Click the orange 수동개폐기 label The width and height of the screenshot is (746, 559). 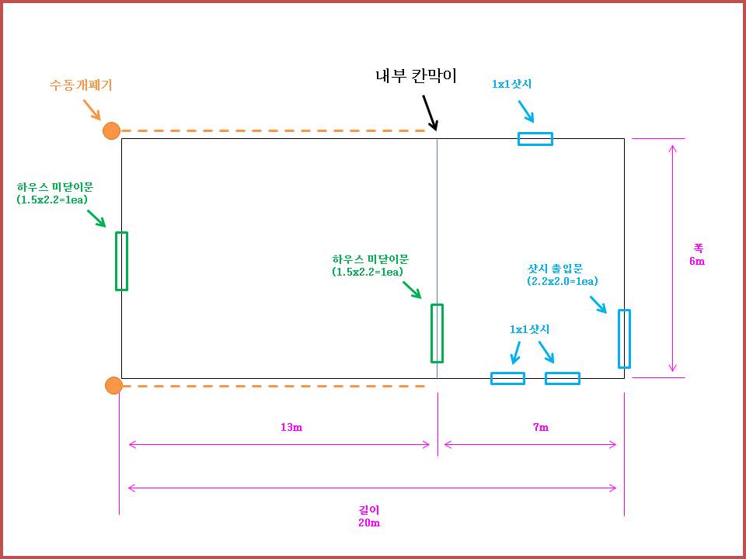(81, 85)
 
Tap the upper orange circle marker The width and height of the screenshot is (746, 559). (112, 130)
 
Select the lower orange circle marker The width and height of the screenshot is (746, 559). (113, 385)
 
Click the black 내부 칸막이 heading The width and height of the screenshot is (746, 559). (416, 75)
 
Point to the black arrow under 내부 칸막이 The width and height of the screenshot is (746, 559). (430, 113)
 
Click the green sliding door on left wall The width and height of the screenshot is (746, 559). (121, 261)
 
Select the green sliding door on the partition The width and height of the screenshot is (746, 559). (437, 333)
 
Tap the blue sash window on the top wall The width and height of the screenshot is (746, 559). (535, 139)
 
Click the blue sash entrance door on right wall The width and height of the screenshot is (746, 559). (624, 339)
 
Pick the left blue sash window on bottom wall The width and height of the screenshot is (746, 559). (507, 378)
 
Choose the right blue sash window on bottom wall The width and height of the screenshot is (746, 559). (563, 378)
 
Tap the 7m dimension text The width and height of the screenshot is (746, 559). (540, 428)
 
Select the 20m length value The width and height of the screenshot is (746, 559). (370, 523)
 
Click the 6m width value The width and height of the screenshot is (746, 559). (697, 261)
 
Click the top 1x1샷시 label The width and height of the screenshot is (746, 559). (511, 84)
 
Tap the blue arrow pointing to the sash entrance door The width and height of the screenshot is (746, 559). (598, 304)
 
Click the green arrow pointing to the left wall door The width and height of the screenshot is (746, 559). (97, 218)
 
